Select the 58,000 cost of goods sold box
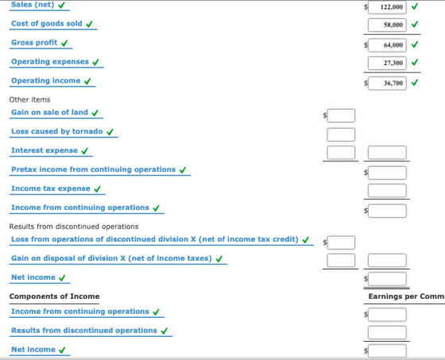click(387, 25)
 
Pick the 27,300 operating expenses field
click(387, 63)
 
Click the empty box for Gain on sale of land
click(341, 115)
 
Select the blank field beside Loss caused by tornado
click(341, 134)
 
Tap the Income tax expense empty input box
click(387, 191)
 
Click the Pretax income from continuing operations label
click(94, 169)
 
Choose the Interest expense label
click(44, 150)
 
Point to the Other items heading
click(30, 99)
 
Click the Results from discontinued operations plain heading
click(74, 226)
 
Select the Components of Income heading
click(54, 296)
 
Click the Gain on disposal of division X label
click(111, 258)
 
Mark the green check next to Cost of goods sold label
click(89, 24)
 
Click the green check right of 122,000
click(415, 6)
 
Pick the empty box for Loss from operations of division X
click(341, 242)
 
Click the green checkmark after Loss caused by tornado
click(110, 132)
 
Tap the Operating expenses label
click(50, 62)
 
